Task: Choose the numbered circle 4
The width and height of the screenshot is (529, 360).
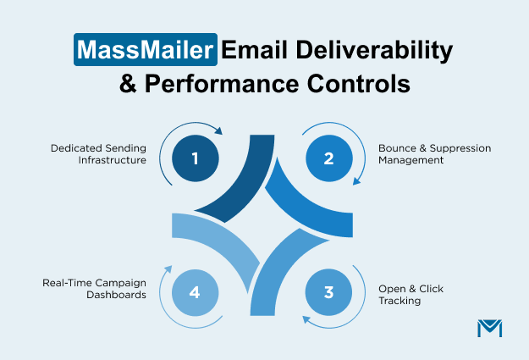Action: click(195, 293)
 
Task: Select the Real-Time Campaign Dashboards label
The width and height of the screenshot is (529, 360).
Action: click(96, 289)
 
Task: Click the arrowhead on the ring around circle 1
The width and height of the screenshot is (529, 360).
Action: click(218, 131)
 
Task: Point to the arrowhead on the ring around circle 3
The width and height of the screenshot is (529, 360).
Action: click(306, 319)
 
